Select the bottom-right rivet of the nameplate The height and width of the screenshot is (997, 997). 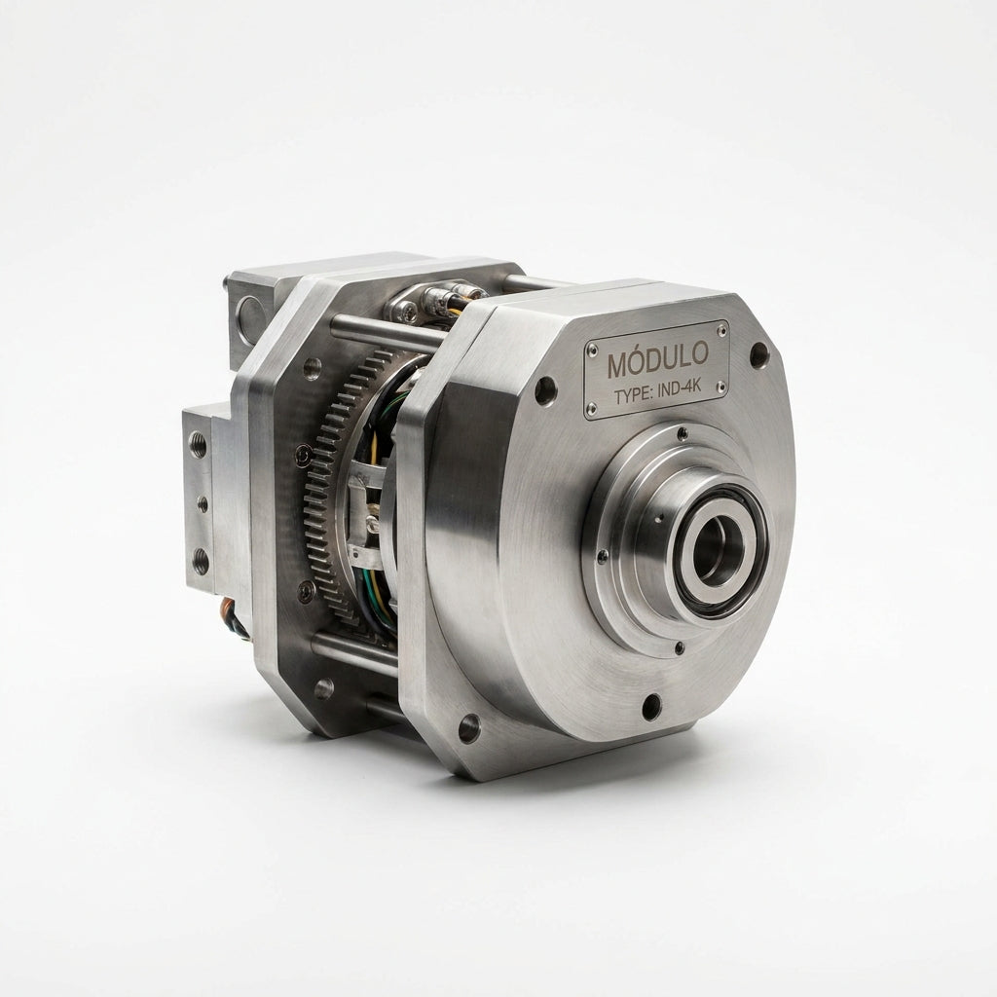tap(720, 386)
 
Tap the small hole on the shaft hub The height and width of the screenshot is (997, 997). tap(661, 517)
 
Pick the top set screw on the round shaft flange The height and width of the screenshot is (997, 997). tap(683, 433)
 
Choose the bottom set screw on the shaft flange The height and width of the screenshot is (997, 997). tap(680, 647)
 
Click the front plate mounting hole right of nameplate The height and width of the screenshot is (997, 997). tap(759, 354)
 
